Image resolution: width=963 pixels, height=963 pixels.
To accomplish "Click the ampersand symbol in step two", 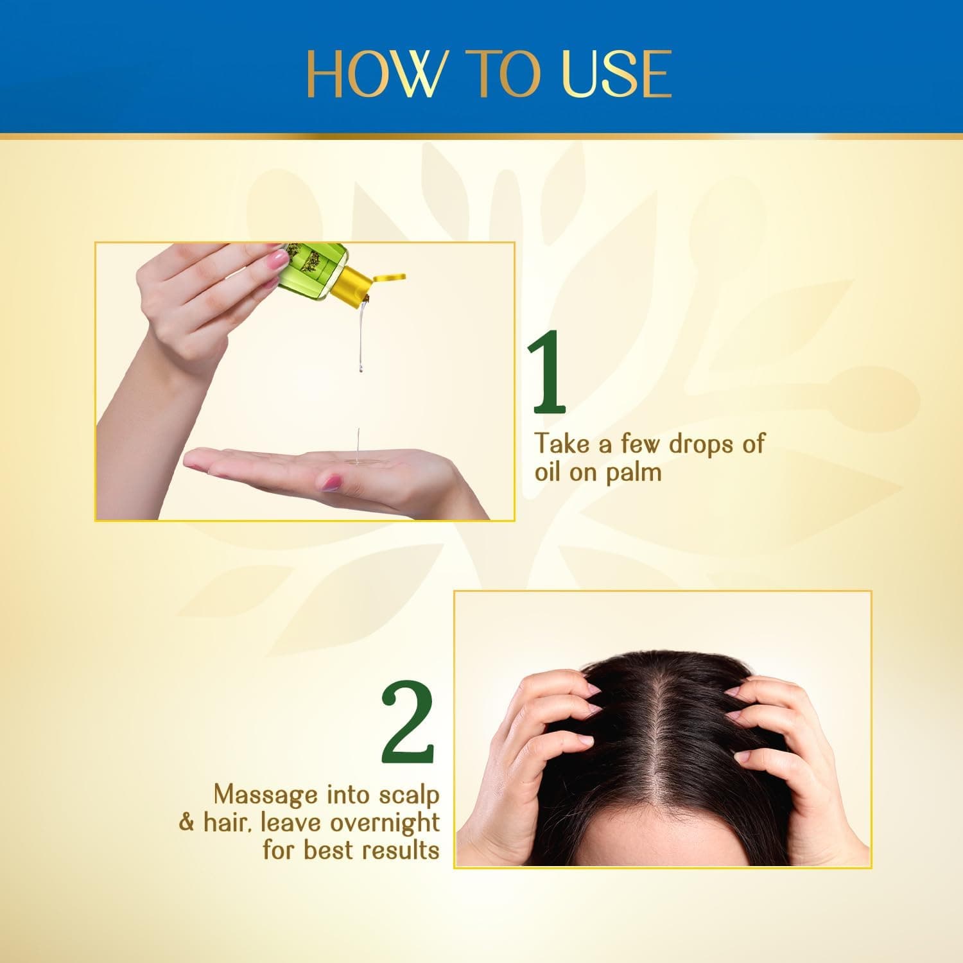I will [x=186, y=822].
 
